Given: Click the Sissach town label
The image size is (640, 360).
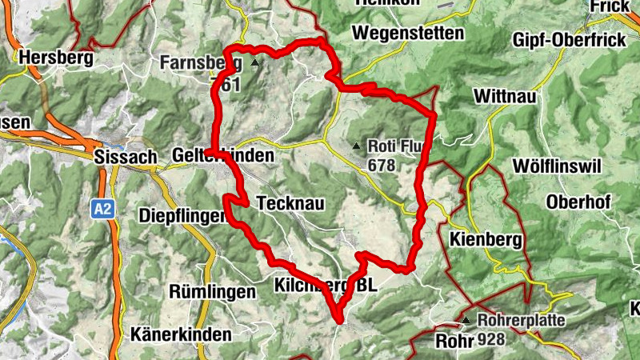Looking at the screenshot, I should click(125, 156).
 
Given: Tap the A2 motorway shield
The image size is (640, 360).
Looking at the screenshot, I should click(102, 210).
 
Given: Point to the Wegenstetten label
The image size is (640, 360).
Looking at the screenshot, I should click(408, 33).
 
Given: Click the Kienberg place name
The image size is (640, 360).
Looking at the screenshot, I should click(486, 239).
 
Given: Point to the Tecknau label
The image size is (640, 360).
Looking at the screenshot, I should click(290, 204).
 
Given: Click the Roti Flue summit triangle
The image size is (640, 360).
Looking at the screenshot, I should click(356, 146).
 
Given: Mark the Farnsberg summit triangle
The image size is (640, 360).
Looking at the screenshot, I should click(255, 62).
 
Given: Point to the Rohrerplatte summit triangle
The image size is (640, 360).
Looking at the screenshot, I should click(466, 321).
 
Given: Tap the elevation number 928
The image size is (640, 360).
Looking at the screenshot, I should click(491, 341).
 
